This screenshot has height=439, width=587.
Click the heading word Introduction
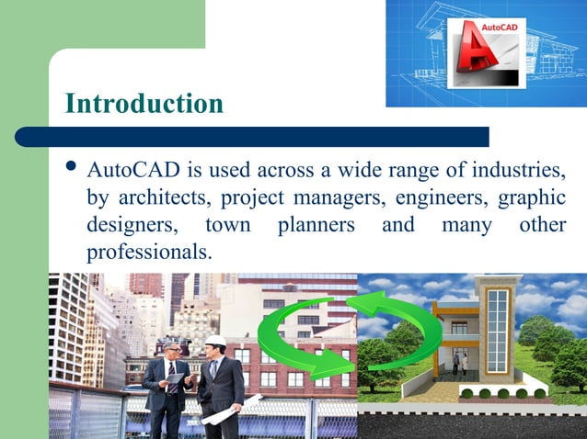pyautogui.click(x=144, y=103)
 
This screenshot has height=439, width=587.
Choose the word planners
pyautogui.click(x=317, y=225)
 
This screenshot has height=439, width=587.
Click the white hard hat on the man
pyautogui.click(x=215, y=340)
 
